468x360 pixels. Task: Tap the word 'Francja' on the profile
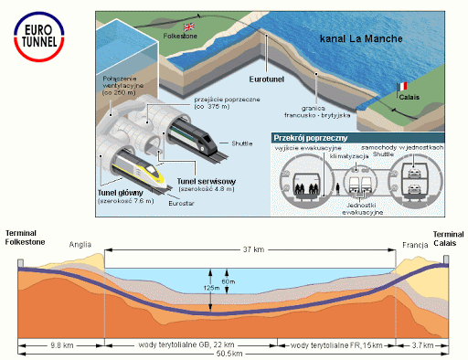tap(414, 246)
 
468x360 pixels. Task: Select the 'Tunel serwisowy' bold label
tap(207, 182)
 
